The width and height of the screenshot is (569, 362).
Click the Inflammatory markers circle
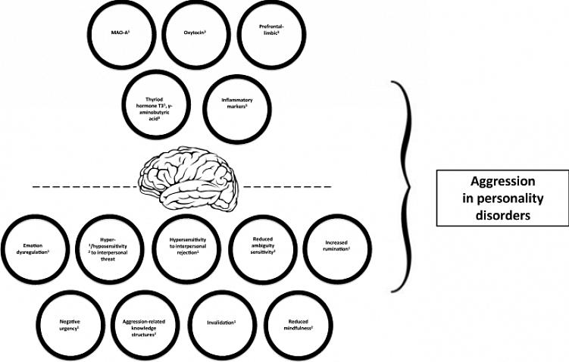tap(236, 111)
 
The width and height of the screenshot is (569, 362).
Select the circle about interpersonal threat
tap(110, 251)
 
